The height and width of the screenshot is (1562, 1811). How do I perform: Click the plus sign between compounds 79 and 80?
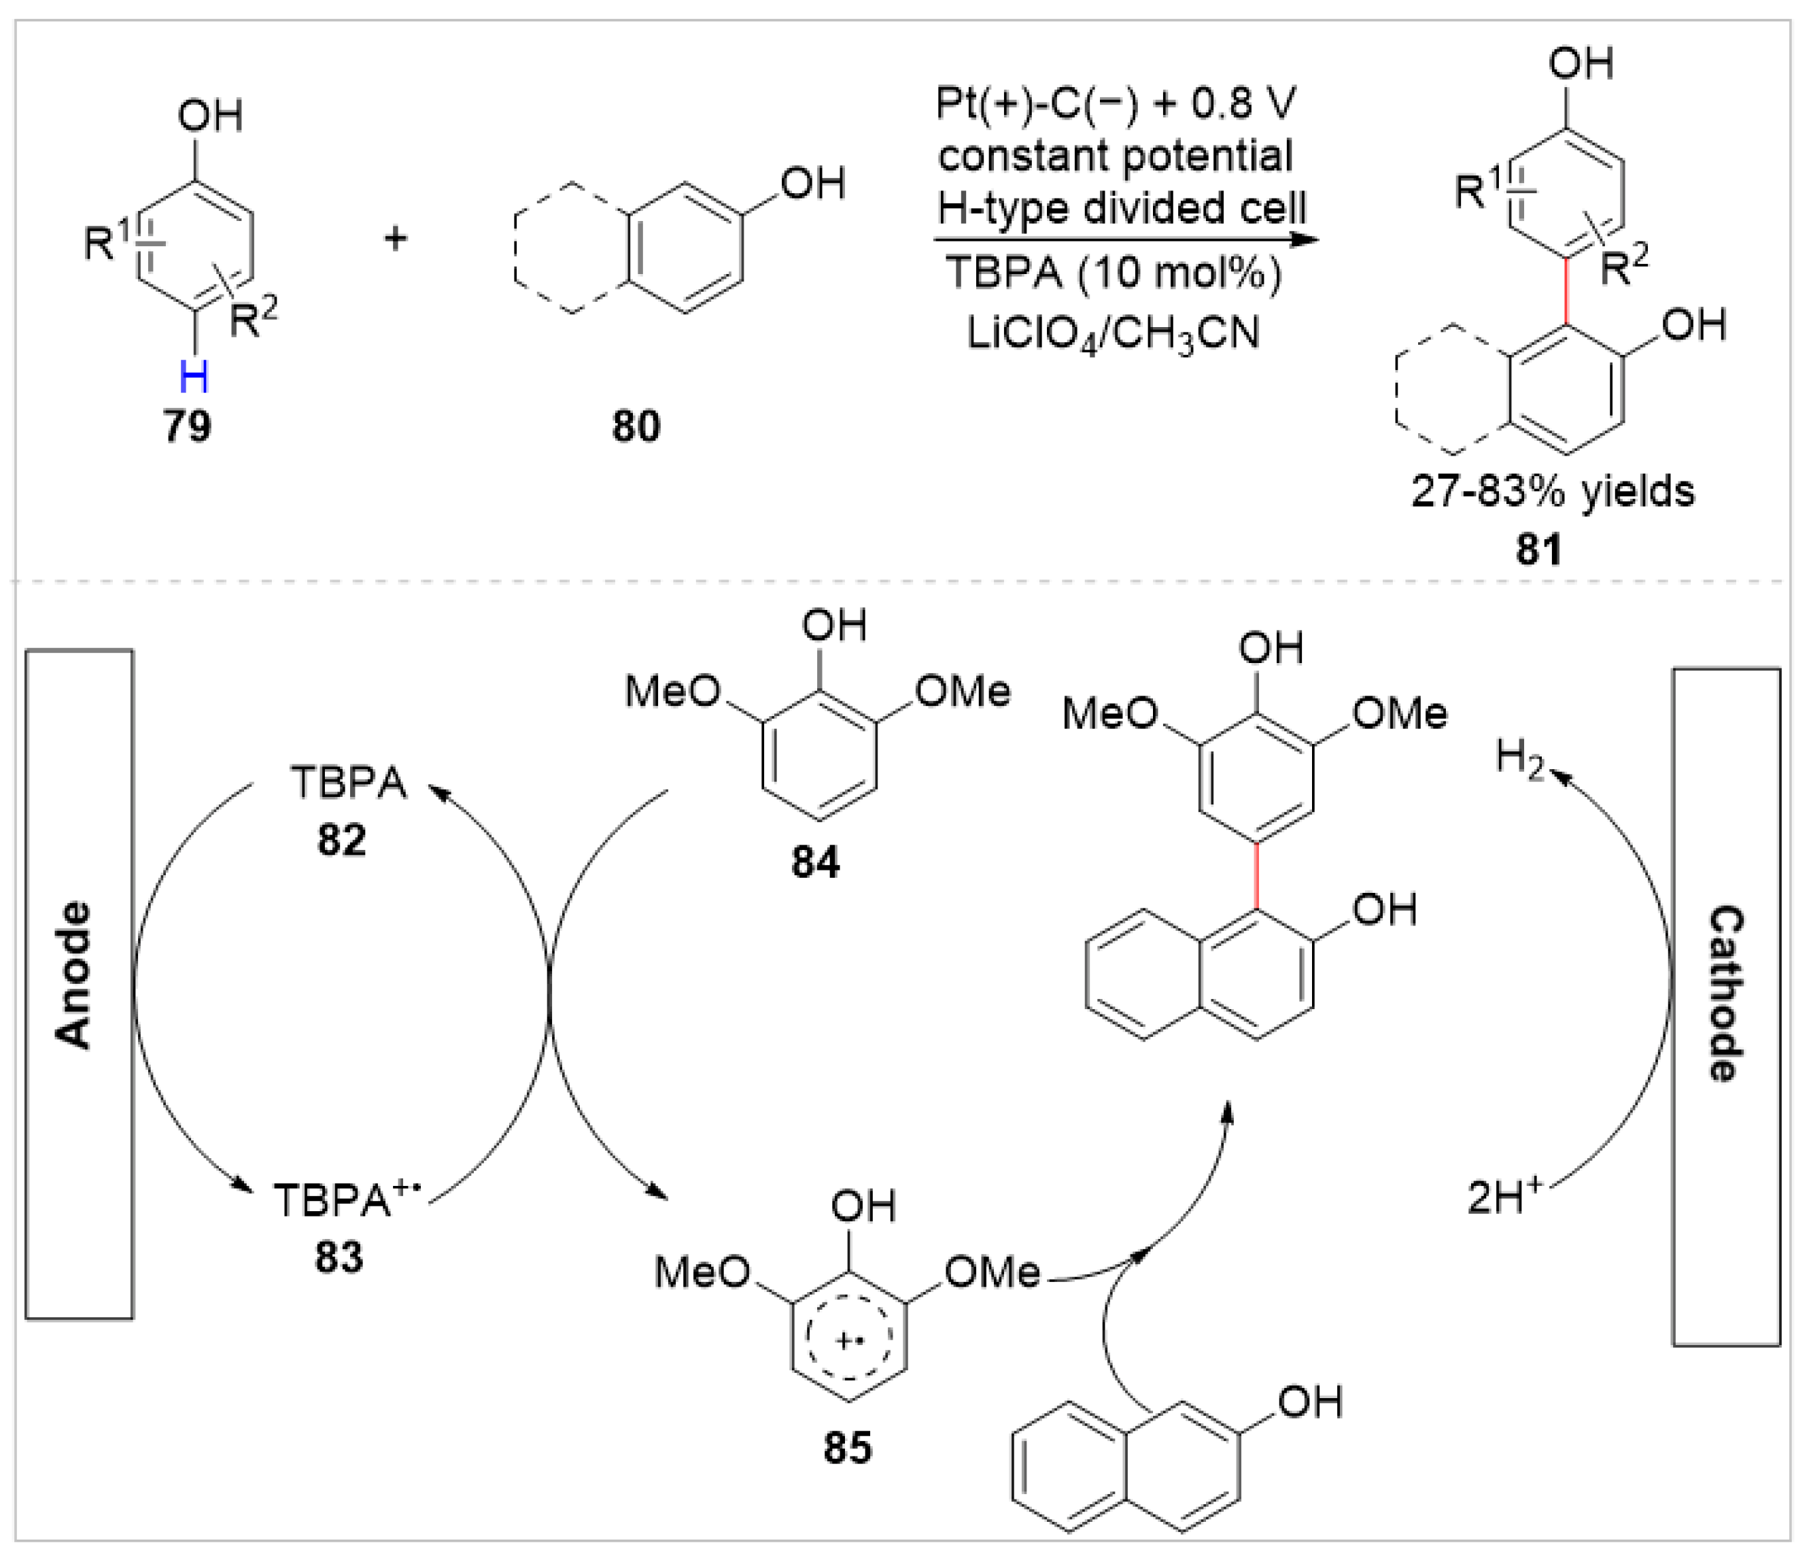(396, 238)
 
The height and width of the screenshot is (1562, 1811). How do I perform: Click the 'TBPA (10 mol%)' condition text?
(1114, 273)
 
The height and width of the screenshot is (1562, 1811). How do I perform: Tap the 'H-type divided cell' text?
(1122, 209)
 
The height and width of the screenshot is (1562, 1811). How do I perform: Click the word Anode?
(75, 974)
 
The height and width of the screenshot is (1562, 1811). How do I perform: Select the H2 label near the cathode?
(1519, 757)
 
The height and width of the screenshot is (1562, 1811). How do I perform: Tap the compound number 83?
(339, 1258)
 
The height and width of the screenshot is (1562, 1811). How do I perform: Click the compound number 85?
(847, 1449)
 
